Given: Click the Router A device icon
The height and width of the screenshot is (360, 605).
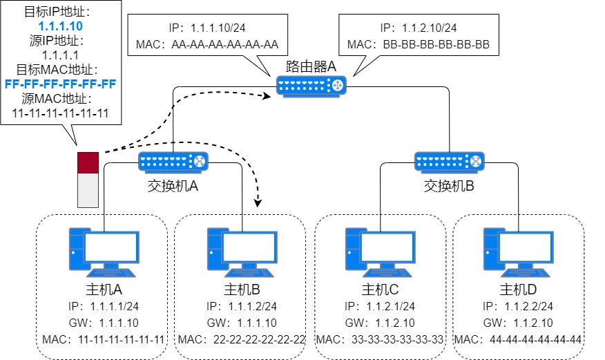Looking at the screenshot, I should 311,86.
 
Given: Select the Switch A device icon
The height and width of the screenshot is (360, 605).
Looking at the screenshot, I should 173,162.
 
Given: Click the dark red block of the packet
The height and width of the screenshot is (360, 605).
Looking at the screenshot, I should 88,163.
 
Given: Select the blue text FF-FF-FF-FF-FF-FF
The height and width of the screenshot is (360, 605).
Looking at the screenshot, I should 59,84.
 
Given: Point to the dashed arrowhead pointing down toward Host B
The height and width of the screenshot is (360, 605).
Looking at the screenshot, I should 259,202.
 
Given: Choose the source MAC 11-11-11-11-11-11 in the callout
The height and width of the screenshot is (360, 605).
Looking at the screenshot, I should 59,113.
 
